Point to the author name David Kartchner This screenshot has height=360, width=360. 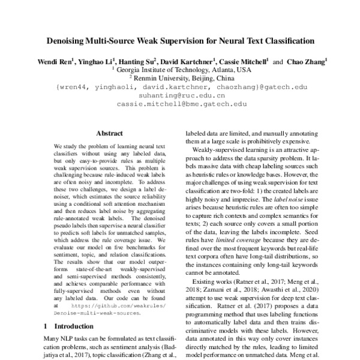point(188,61)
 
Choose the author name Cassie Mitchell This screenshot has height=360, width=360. point(244,61)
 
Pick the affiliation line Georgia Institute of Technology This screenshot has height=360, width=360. point(180,70)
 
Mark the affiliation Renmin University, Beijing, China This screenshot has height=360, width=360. point(180,78)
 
